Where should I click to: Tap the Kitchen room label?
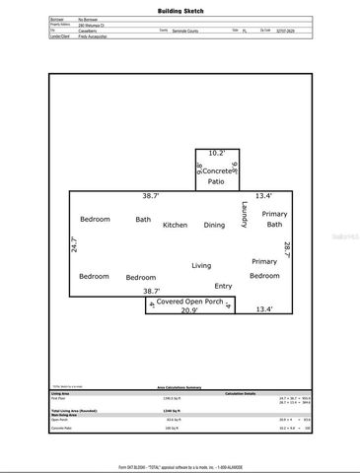(x=176, y=225)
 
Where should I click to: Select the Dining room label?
(x=214, y=225)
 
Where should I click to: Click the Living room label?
(x=201, y=265)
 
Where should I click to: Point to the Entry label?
(x=224, y=286)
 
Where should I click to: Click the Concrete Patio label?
(x=216, y=177)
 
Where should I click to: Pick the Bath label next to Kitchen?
(x=143, y=219)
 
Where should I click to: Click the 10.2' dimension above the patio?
(x=216, y=153)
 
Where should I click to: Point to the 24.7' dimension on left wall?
(x=73, y=245)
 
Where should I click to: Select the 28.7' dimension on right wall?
(x=287, y=251)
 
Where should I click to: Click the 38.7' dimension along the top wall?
(x=151, y=196)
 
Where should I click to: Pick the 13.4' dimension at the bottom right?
(x=264, y=309)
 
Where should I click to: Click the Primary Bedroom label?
(x=264, y=268)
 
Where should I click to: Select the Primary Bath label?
(x=274, y=219)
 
